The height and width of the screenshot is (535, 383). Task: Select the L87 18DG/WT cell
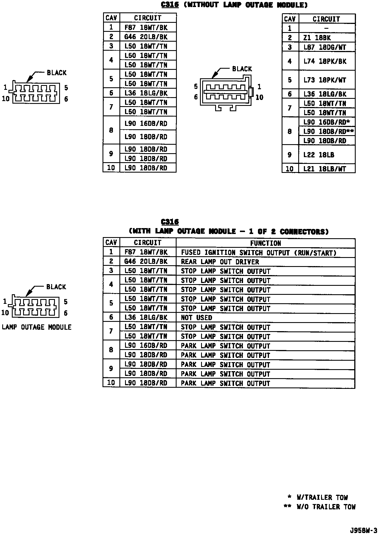pos(324,47)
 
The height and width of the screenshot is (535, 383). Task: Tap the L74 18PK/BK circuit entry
pos(325,61)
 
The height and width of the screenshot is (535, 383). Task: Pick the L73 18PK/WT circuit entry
pos(324,80)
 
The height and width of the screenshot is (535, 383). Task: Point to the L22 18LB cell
pos(319,155)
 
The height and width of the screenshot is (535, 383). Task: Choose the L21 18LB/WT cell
pos(324,169)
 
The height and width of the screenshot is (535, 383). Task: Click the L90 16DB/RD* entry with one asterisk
pos(326,122)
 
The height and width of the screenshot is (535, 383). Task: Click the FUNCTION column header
pos(265,243)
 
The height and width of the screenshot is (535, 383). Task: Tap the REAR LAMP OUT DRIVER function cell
pos(220,262)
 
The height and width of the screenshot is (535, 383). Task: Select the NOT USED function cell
pos(196,318)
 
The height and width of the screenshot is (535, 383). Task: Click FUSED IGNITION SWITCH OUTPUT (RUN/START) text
pos(259,253)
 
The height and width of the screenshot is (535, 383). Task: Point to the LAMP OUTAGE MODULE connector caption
pos(37,327)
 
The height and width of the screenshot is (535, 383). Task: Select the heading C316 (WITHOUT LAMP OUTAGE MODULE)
pos(234,5)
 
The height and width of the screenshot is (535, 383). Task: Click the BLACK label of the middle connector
pos(242,69)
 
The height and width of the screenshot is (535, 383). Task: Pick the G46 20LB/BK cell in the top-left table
pos(146,37)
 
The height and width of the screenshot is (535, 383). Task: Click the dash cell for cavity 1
pos(326,28)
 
